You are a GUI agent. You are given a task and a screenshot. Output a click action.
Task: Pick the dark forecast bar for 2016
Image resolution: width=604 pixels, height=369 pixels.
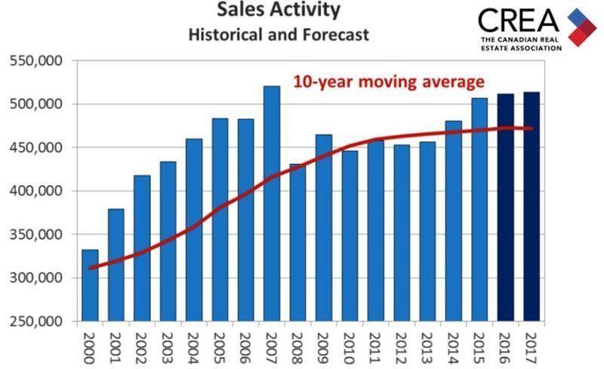506,207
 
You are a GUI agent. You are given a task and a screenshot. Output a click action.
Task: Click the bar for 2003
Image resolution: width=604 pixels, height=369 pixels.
168,241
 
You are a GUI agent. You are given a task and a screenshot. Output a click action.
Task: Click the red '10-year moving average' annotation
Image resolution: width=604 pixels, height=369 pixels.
388,81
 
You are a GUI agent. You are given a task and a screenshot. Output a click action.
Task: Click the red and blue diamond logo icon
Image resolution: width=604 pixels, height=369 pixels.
582,27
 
